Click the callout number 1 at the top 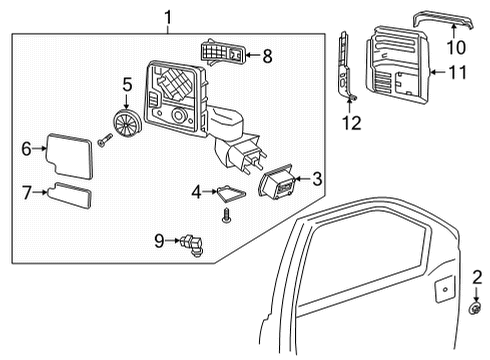168,16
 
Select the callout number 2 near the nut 477,277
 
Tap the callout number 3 316,179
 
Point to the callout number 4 197,189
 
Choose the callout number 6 27,148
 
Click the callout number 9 158,240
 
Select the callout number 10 456,46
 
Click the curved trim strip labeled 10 454,17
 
